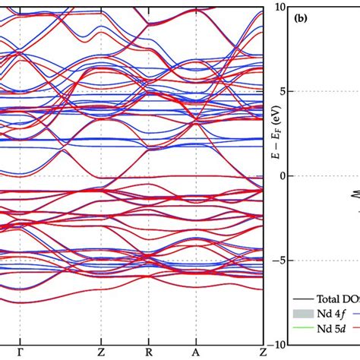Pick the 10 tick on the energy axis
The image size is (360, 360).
tap(280, 6)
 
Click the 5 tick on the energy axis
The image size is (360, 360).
tap(283, 90)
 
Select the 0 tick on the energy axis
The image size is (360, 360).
tap(283, 175)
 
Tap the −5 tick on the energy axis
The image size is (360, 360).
tap(280, 260)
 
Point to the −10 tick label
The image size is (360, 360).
tap(278, 344)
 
